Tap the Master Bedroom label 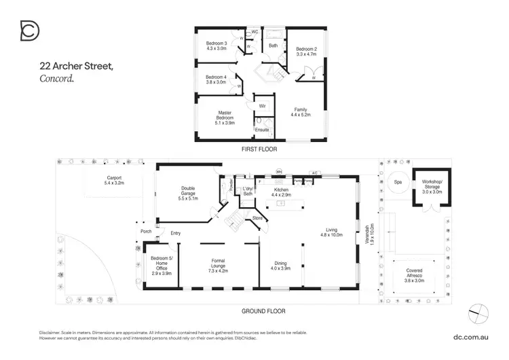click(225, 116)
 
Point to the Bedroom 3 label click(216, 46)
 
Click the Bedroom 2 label click(305, 51)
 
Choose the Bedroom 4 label click(216, 79)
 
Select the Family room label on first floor click(301, 113)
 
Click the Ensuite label click(261, 129)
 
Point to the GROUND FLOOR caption click(263, 311)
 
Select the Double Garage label click(188, 193)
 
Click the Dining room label click(280, 266)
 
